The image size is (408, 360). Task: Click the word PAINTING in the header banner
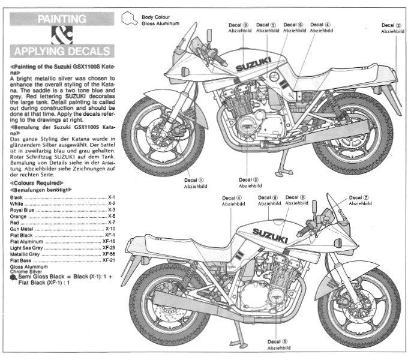pos(61,19)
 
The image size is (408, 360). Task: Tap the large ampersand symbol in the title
pos(62,35)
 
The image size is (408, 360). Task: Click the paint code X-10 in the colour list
pos(110,229)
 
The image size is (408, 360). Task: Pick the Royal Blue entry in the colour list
pos(22,210)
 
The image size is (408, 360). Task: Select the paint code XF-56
pos(109,254)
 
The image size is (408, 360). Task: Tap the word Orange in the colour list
pos(18,216)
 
